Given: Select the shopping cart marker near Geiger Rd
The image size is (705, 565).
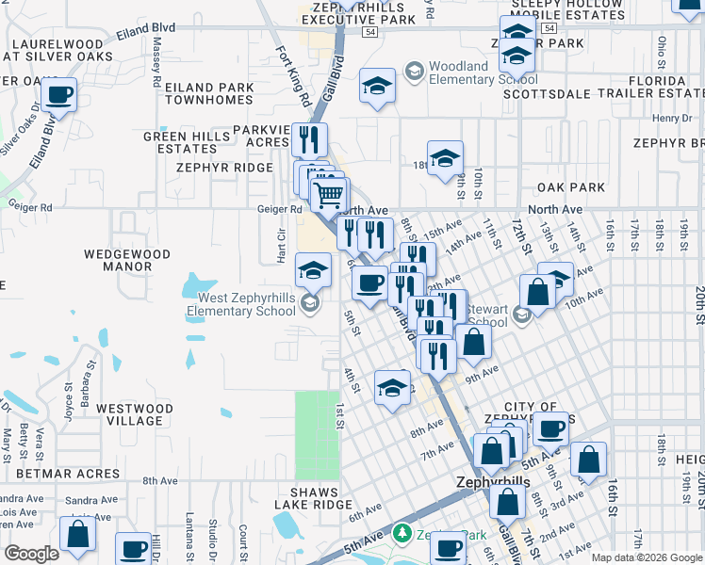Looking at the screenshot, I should pos(329,195).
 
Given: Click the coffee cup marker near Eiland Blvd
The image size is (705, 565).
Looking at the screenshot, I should pos(58,96).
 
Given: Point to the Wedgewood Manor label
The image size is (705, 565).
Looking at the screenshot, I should pos(127,260).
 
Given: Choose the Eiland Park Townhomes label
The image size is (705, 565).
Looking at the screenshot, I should pos(209,93).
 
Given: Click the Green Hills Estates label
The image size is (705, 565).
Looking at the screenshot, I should pos(187,142).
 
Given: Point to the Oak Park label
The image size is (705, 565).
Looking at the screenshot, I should pos(571,187).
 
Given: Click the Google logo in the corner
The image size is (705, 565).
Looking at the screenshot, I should pos(31,553).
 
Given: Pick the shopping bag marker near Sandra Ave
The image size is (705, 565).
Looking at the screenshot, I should pos(77,533).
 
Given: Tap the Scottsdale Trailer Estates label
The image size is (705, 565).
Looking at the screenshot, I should pos(603,94).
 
